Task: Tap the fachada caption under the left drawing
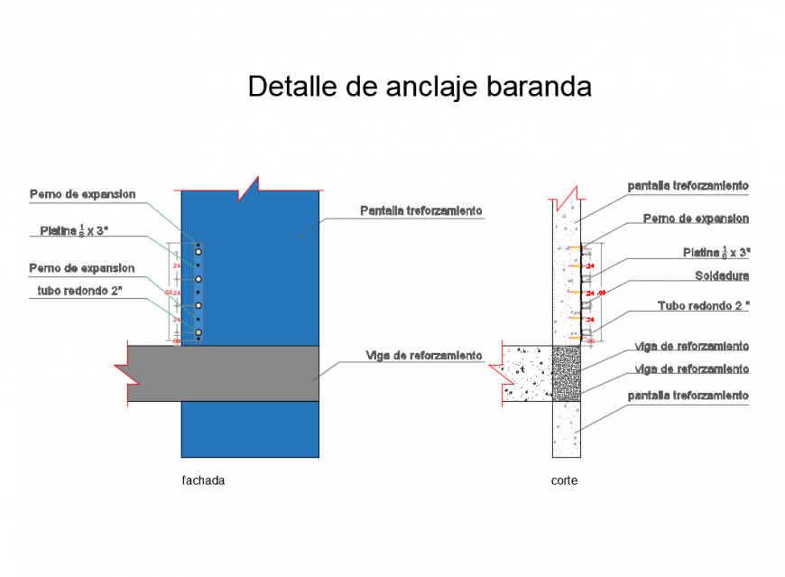pyautogui.click(x=203, y=481)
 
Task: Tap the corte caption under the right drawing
pyautogui.click(x=564, y=481)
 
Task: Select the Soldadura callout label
pyautogui.click(x=722, y=275)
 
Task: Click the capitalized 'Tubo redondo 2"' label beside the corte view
pyautogui.click(x=704, y=306)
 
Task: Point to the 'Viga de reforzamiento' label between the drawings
pyautogui.click(x=424, y=356)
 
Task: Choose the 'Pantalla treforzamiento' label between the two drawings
pyautogui.click(x=421, y=210)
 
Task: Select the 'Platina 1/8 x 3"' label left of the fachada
pyautogui.click(x=74, y=231)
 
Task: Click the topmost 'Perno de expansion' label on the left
pyautogui.click(x=82, y=193)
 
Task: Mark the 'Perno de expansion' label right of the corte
pyautogui.click(x=696, y=219)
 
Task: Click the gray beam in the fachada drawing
pyautogui.click(x=226, y=373)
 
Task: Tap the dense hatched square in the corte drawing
pyautogui.click(x=566, y=371)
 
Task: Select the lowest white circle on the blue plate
pyautogui.click(x=197, y=333)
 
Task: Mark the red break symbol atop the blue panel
pyautogui.click(x=247, y=189)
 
